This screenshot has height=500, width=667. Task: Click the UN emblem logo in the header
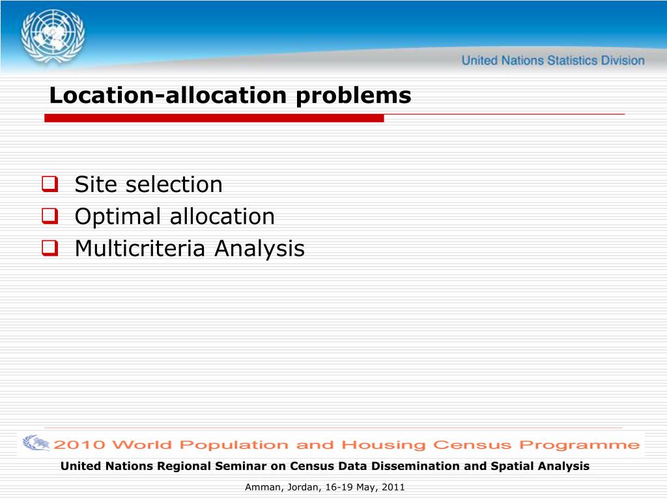(53, 37)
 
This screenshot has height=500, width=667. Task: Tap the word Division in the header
(623, 61)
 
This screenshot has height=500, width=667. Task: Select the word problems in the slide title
(354, 96)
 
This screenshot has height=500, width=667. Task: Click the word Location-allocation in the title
(168, 95)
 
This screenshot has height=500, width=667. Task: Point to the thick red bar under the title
(214, 118)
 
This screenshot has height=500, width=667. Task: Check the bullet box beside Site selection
(50, 184)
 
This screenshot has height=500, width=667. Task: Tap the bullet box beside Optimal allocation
(50, 216)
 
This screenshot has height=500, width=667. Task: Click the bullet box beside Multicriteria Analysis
(50, 248)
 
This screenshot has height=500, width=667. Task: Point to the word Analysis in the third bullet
(259, 249)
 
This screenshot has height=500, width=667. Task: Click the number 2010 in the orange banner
(79, 445)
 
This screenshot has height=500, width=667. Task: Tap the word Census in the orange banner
(472, 445)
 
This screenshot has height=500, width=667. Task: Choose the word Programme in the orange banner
(579, 445)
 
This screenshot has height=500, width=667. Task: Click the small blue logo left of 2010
(36, 443)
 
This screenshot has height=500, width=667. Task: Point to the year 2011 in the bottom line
(393, 487)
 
